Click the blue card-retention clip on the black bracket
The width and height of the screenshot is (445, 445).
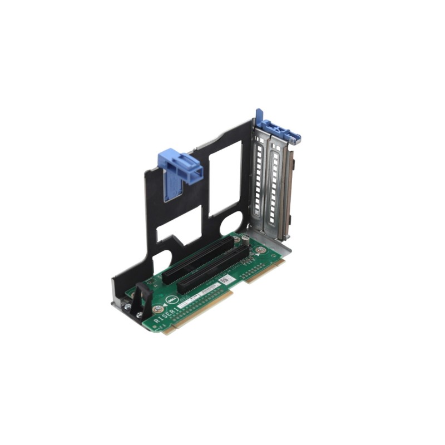tap(179, 167)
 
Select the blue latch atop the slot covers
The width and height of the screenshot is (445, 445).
tap(278, 130)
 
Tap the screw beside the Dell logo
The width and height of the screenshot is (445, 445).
tap(158, 309)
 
